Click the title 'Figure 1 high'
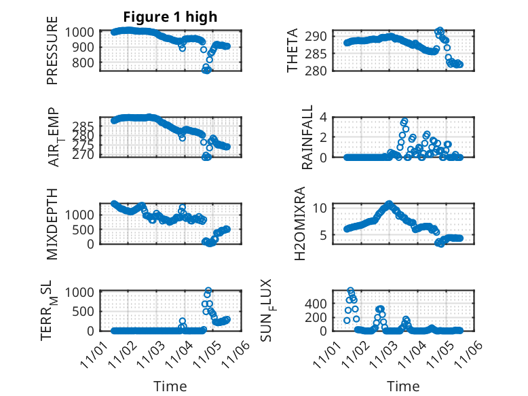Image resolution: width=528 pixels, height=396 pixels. pyautogui.click(x=170, y=17)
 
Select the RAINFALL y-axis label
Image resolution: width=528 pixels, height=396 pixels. pyautogui.click(x=307, y=137)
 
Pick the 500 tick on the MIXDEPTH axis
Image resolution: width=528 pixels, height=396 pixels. pyautogui.click(x=87, y=230)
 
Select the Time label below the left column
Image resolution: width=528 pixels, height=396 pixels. pyautogui.click(x=170, y=386)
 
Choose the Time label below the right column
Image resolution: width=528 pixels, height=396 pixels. pyautogui.click(x=403, y=386)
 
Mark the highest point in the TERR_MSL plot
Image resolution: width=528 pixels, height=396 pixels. pyautogui.click(x=208, y=291)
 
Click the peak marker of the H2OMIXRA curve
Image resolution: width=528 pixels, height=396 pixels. pyautogui.click(x=389, y=204)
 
